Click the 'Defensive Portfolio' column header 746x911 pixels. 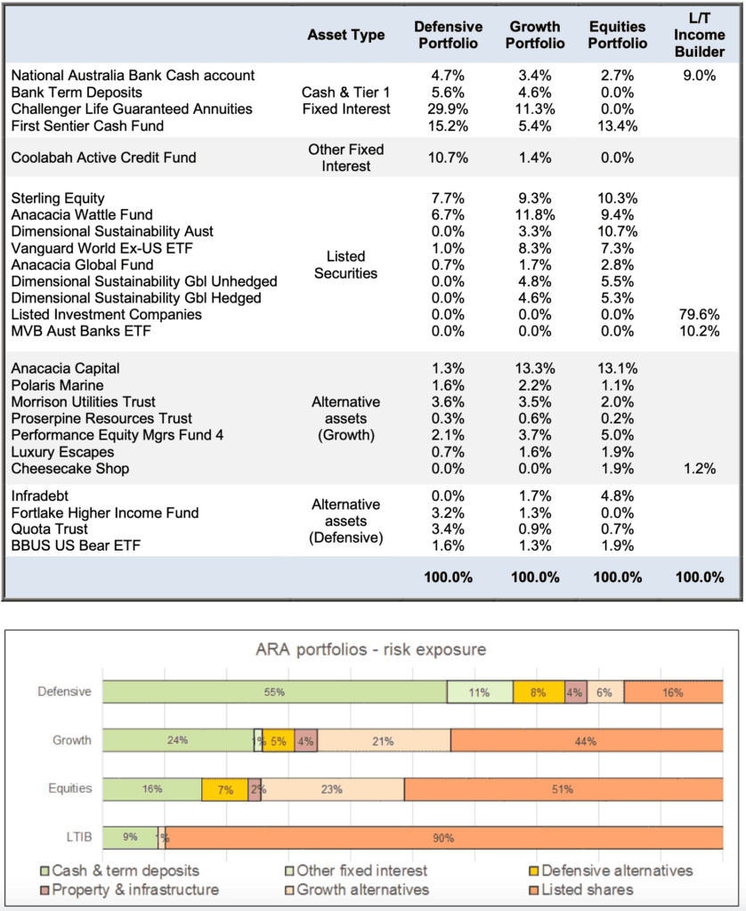pos(448,35)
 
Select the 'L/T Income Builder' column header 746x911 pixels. pos(699,35)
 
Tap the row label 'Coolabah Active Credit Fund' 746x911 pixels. pos(103,157)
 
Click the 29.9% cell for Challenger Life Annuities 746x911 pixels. pos(448,109)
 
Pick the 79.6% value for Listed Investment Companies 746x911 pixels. pos(699,315)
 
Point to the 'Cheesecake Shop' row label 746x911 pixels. pos(69,469)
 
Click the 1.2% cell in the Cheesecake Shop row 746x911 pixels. pos(700,469)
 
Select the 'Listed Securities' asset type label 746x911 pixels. pos(346,265)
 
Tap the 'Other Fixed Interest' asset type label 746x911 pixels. pos(346,158)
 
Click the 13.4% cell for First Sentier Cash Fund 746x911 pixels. pos(618,126)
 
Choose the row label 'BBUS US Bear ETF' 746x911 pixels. pos(76,545)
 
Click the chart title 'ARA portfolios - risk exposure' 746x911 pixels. pos(371,649)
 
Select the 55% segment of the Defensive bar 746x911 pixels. pos(275,692)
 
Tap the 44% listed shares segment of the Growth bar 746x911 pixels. pos(587,741)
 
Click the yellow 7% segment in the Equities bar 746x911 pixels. pos(225,790)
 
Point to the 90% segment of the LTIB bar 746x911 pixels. pos(444,838)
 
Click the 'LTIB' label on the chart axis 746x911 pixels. pos(79,837)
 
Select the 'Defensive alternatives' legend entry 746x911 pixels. pos(611,871)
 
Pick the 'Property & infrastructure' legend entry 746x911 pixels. pos(130,890)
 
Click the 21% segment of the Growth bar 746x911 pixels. pos(384,741)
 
